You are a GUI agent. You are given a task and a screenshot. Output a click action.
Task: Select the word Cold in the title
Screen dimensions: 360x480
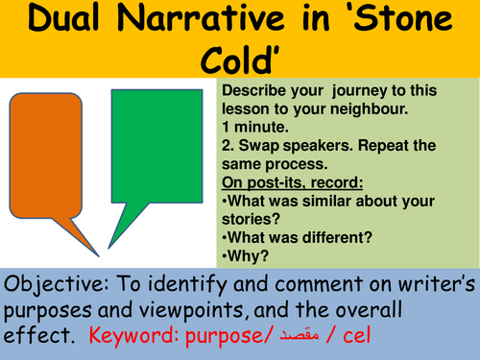coord(239,60)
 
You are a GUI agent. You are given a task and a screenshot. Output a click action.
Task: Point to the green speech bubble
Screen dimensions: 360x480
coord(159,144)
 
